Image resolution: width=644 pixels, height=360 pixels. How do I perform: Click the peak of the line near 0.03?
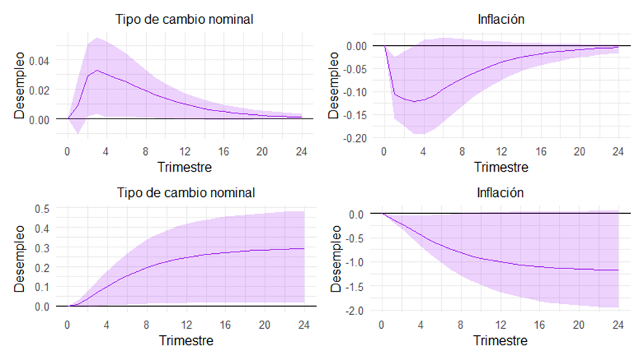pos(97,71)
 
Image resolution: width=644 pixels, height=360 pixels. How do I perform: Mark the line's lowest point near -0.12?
pos(415,102)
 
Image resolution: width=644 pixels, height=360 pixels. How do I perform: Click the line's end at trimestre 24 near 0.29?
pos(303,249)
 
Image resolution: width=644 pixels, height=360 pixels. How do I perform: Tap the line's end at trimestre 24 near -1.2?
pos(618,270)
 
